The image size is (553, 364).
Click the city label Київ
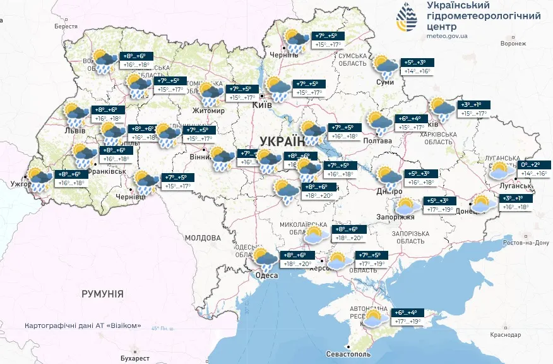coord(261,105)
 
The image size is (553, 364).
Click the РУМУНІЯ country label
coord(102,294)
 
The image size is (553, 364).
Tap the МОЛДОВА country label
coord(203,238)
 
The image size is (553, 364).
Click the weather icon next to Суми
coord(384,66)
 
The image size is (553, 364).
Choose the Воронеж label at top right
coord(513,44)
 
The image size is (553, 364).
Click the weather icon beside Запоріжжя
coord(405,206)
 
